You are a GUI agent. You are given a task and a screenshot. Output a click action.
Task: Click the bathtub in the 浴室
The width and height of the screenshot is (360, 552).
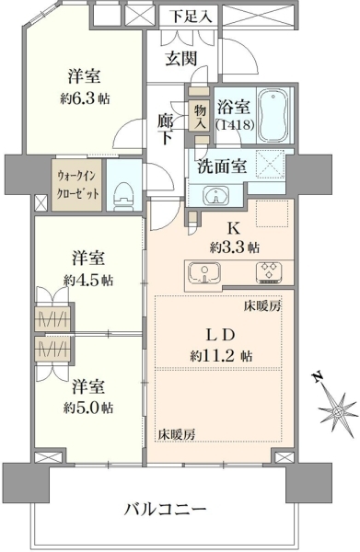[273, 115]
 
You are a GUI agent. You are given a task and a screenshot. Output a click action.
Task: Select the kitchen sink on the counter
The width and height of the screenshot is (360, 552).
[204, 273]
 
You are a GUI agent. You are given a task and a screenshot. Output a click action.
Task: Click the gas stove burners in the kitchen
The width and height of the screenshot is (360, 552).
[269, 272]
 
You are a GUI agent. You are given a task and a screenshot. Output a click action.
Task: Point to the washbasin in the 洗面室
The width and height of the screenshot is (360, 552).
[215, 196]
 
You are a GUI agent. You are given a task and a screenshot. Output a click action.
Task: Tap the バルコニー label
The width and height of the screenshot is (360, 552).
[166, 509]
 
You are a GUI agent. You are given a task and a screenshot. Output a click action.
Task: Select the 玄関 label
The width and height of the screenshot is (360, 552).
[180, 59]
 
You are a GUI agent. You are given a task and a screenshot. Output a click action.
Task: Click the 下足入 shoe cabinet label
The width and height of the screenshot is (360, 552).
[192, 17]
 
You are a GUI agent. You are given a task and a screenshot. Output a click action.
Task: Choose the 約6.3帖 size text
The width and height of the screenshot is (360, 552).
[85, 99]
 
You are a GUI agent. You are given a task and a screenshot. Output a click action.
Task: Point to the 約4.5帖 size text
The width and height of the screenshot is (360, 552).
[88, 281]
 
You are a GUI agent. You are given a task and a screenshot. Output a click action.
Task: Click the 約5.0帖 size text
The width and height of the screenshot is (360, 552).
[88, 408]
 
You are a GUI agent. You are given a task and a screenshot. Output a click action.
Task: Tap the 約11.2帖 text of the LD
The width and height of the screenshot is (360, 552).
[221, 356]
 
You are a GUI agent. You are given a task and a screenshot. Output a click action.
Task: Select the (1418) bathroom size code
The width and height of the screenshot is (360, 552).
[235, 124]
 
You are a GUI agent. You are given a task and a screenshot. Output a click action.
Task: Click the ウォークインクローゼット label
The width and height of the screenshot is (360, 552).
[77, 185]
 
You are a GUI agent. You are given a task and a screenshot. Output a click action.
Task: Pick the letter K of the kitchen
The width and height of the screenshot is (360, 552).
[233, 229]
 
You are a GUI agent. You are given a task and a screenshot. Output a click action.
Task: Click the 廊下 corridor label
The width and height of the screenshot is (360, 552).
[165, 129]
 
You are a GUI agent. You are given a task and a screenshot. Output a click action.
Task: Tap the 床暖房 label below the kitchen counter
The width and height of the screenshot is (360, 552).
[262, 306]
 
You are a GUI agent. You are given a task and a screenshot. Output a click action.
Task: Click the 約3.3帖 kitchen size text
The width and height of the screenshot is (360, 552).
[235, 247]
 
